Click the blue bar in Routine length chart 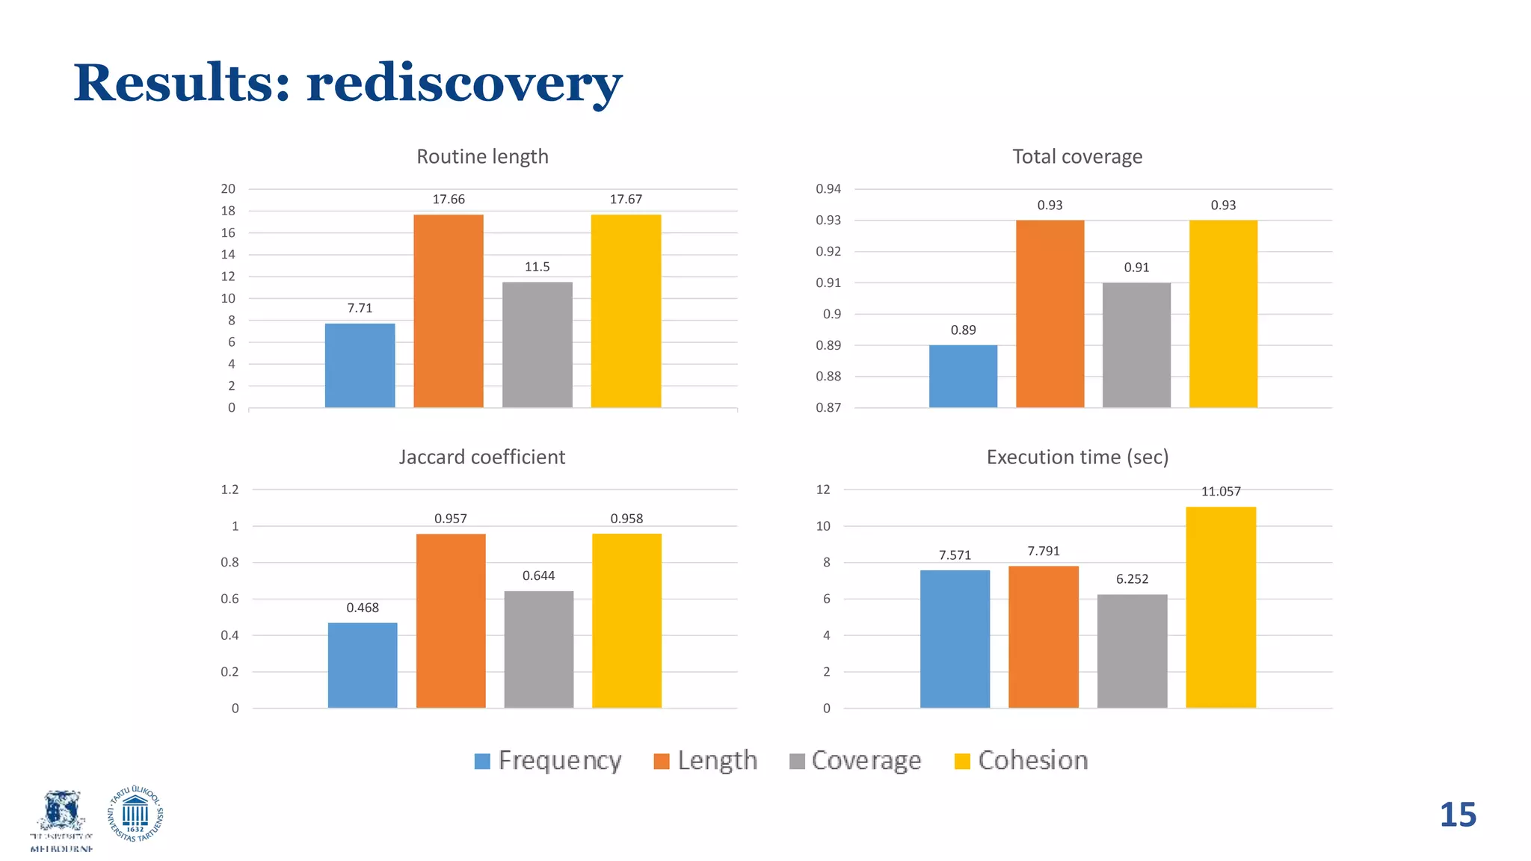(x=360, y=365)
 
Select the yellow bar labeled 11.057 (x=1221, y=607)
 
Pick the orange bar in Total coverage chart (x=1050, y=313)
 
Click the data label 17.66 (x=449, y=200)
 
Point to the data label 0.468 (x=363, y=608)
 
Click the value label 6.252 (x=1132, y=579)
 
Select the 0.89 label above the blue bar (x=963, y=330)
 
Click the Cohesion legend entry (x=1021, y=761)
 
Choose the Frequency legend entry (x=548, y=761)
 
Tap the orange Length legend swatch (x=662, y=762)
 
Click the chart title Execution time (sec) (x=1077, y=457)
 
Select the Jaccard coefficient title (x=482, y=457)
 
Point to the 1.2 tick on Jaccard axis (x=230, y=490)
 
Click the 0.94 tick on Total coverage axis (x=828, y=189)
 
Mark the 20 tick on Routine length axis (x=228, y=189)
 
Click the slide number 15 (x=1457, y=815)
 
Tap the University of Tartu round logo (x=135, y=815)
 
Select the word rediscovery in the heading (x=463, y=83)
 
